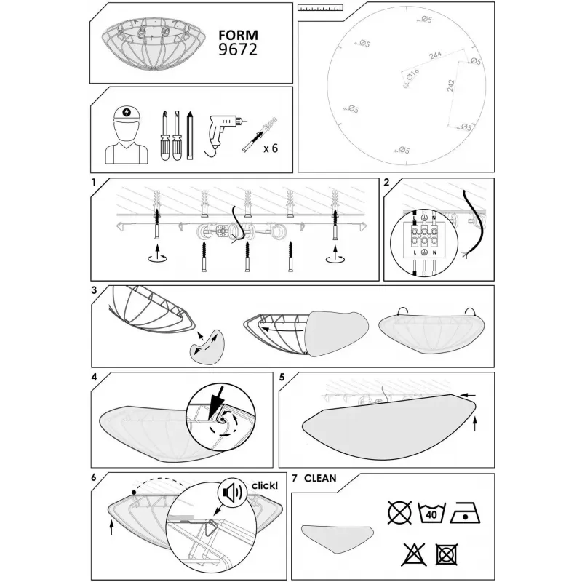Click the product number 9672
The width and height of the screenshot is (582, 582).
238,49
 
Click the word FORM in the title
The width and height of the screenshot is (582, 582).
238,35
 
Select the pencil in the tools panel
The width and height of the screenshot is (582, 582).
190,135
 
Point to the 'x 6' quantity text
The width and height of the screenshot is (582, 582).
271,148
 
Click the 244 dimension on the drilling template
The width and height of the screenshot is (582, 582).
435,55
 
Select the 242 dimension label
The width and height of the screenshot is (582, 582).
450,86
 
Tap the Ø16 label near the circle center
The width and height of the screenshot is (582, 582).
412,74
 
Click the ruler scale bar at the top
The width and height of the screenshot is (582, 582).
321,7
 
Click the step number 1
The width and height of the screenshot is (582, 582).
94,183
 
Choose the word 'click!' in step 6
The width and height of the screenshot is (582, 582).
265,485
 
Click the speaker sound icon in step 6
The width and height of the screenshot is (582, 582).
232,493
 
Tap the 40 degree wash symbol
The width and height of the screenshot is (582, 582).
431,514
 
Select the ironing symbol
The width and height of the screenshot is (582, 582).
466,514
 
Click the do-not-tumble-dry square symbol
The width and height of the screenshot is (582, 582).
446,554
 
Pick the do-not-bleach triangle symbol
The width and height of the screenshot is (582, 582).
413,555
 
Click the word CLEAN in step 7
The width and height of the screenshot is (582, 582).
320,479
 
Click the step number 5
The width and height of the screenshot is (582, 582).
282,378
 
